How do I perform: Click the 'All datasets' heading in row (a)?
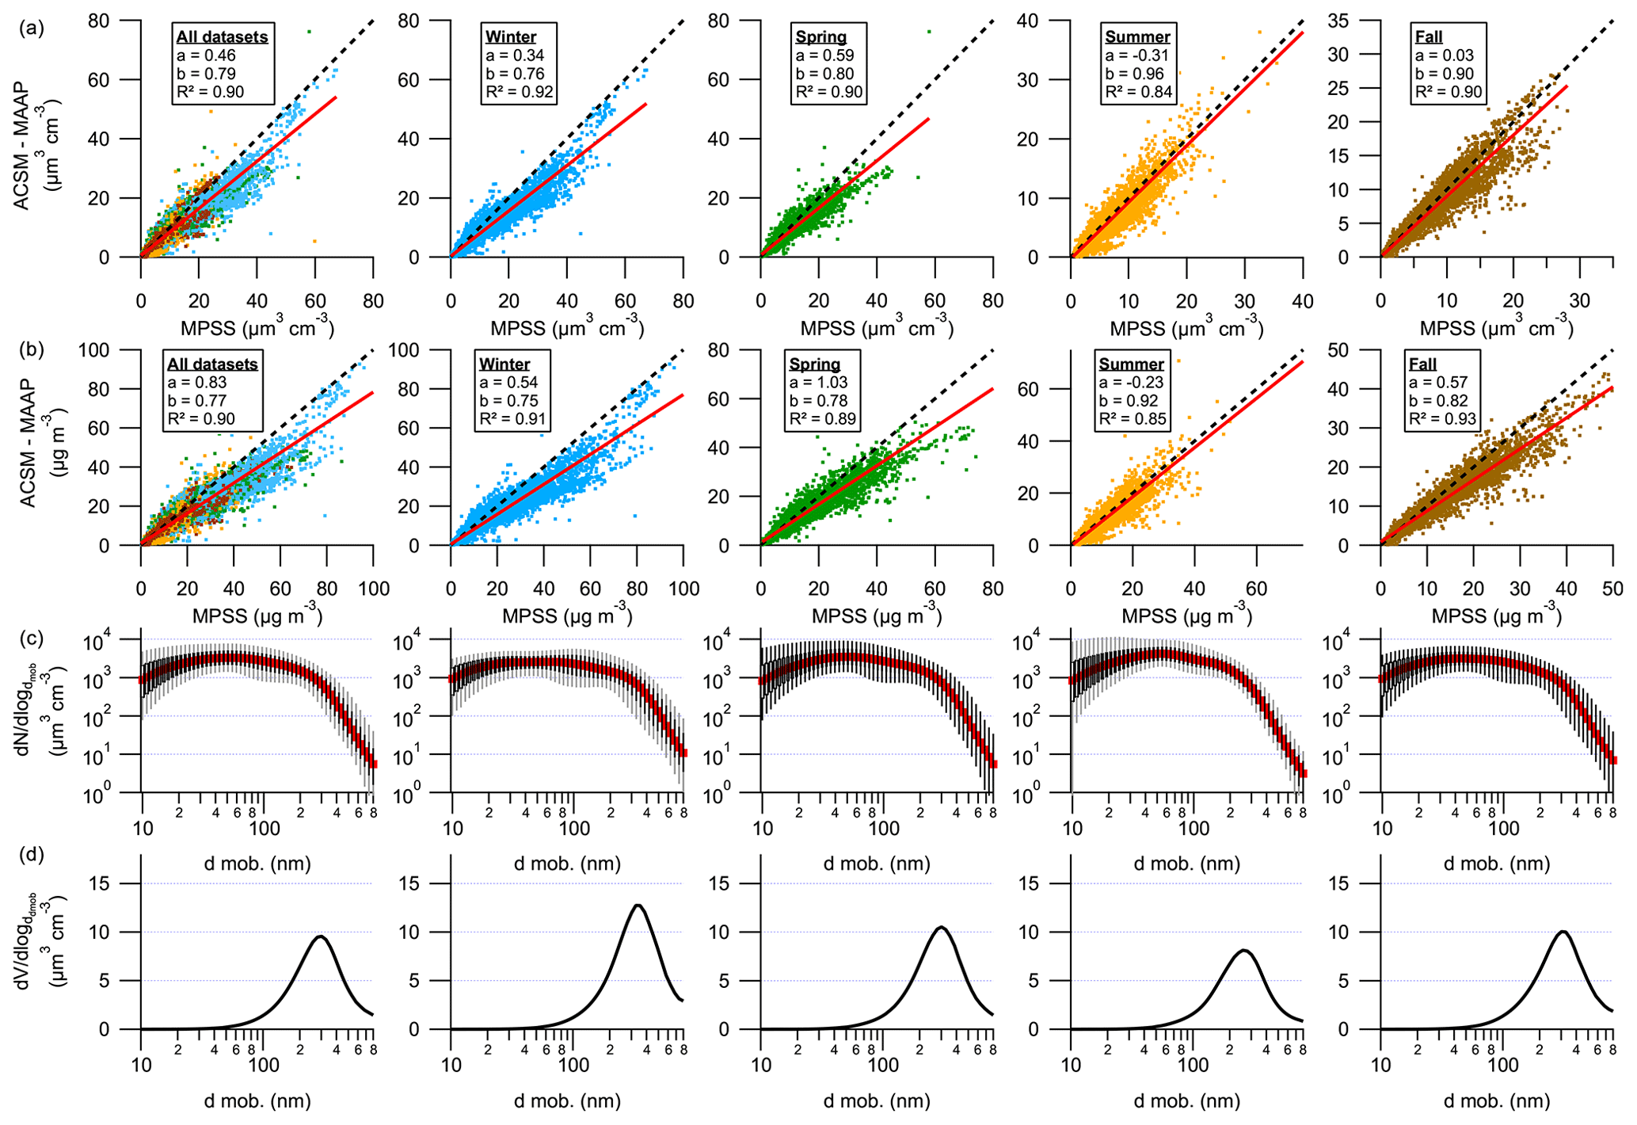point(222,37)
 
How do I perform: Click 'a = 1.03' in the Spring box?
point(818,382)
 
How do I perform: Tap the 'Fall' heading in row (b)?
point(1422,364)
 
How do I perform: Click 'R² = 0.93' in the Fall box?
point(1442,418)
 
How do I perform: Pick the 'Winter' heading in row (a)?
point(511,37)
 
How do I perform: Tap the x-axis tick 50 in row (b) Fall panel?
point(1612,589)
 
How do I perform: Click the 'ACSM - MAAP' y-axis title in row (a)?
point(21,147)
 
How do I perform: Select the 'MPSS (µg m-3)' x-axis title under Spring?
point(876,616)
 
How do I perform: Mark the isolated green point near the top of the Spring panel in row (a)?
point(928,32)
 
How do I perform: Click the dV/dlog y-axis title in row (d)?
point(32,943)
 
